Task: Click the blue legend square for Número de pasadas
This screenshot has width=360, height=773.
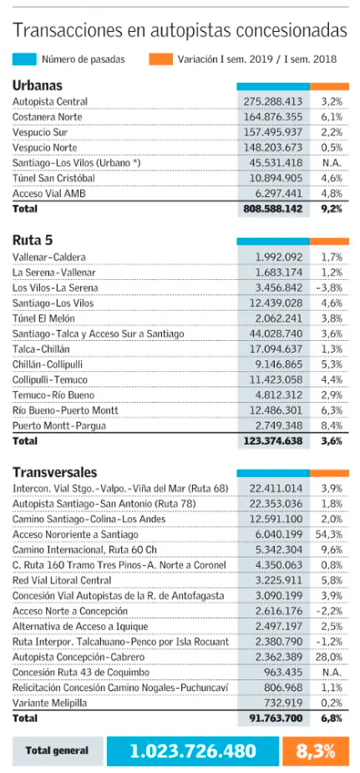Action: [x=24, y=59]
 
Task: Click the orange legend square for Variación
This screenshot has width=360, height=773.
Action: [x=160, y=59]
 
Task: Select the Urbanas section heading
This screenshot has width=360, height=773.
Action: [x=38, y=85]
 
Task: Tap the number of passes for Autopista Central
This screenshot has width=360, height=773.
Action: [x=273, y=102]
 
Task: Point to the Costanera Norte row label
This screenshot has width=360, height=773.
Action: [x=48, y=117]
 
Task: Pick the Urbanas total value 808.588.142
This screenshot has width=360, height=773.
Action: [x=273, y=209]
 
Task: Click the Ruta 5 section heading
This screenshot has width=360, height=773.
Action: [x=33, y=241]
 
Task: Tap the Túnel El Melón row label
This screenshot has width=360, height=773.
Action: [x=44, y=318]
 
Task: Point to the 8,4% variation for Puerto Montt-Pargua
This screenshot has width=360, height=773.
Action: [x=332, y=425]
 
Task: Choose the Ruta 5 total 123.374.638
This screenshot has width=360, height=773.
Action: [x=273, y=441]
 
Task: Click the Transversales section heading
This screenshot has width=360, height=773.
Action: [x=54, y=473]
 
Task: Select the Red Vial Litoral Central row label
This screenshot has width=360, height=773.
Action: [x=62, y=580]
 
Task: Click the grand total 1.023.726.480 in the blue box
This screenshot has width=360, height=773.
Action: [x=193, y=750]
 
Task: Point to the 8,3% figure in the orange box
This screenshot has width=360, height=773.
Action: [x=316, y=750]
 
